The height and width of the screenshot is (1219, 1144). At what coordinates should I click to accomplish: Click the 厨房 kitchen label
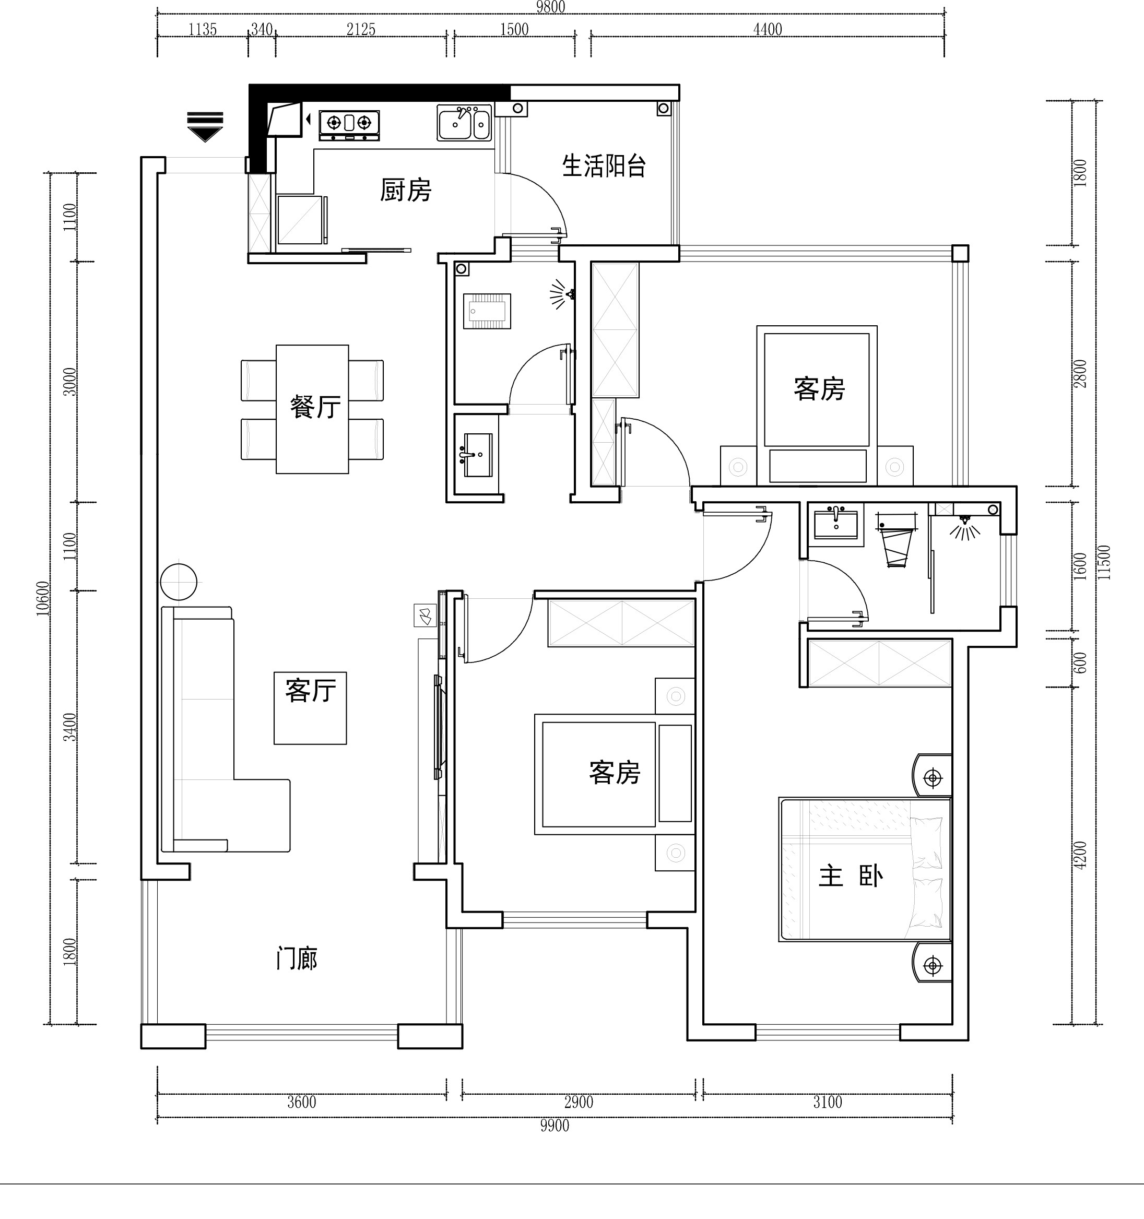[406, 191]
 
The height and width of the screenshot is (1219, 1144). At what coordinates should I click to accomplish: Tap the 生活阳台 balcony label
[604, 165]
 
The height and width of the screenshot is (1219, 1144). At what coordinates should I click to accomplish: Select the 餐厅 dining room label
[315, 407]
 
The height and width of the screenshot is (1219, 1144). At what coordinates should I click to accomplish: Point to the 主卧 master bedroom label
[851, 876]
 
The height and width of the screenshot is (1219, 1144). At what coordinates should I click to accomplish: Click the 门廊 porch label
[297, 958]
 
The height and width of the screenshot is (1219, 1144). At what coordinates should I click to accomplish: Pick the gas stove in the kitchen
[349, 126]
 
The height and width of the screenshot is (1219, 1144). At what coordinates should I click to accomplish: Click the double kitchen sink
[464, 123]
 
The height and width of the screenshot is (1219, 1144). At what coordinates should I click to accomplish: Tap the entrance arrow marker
[205, 127]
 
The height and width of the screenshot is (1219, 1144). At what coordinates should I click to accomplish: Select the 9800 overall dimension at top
[550, 7]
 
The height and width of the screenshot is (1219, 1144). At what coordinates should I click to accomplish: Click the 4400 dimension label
[768, 29]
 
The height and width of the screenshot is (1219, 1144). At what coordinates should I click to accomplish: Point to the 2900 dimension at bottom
[579, 1102]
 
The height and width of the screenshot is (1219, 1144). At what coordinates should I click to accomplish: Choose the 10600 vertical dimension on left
[42, 598]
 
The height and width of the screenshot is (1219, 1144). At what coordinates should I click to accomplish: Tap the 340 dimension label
[262, 29]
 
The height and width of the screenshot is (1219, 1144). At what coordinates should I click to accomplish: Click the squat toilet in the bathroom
[487, 311]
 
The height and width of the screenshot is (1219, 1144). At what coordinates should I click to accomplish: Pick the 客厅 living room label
[310, 691]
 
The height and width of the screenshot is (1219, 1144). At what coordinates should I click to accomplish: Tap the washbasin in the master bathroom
[835, 523]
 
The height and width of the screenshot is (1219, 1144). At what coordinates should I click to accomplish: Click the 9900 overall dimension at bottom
[555, 1126]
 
